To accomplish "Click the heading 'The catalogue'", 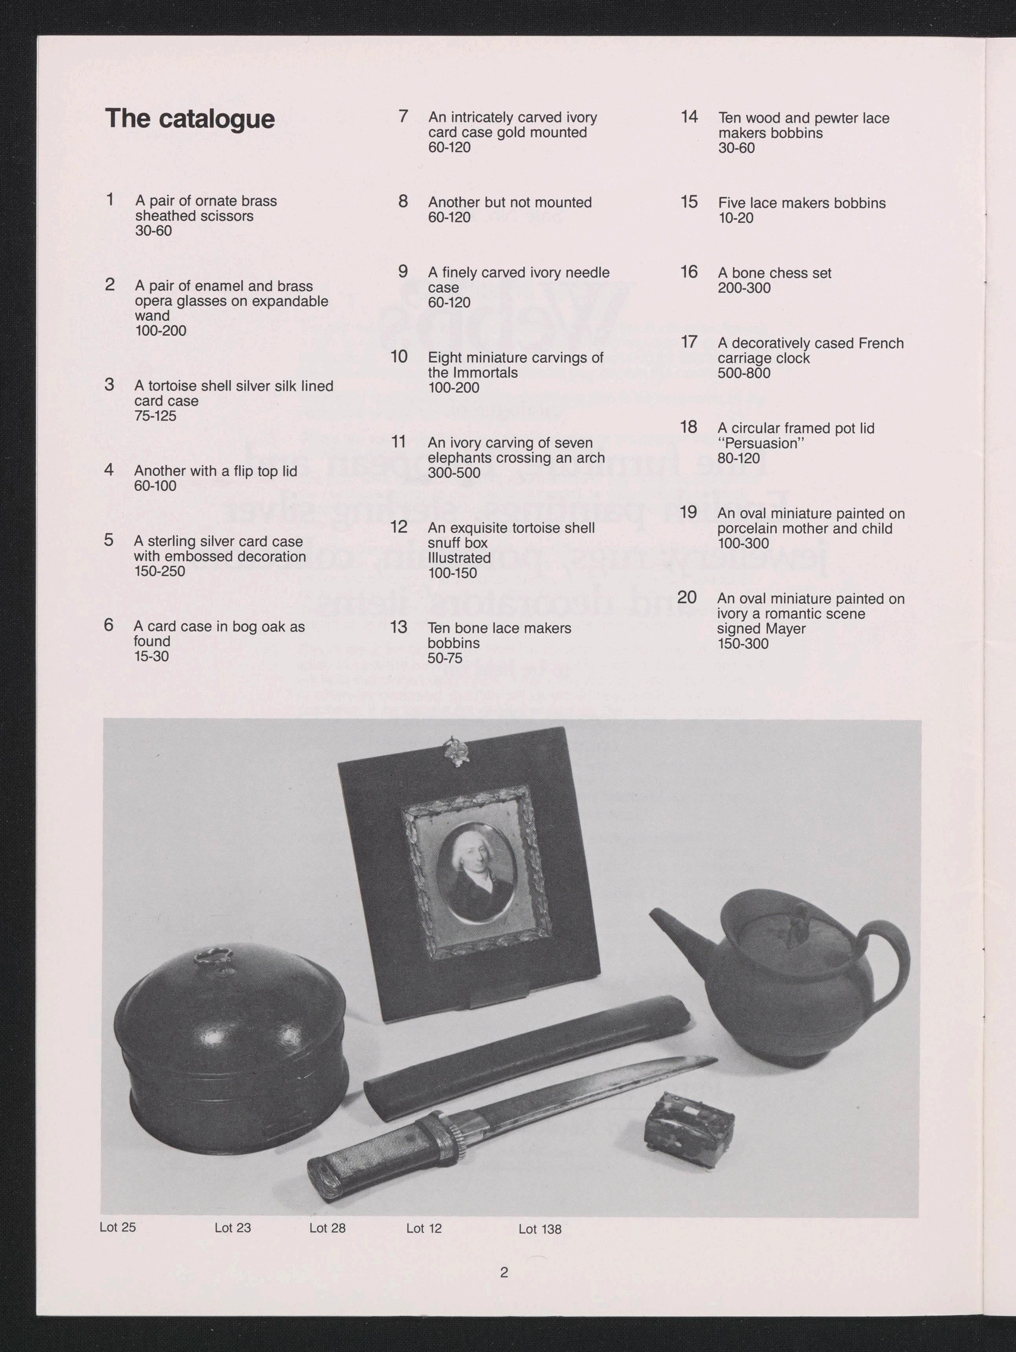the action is click(x=190, y=119).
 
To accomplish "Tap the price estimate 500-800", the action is click(x=744, y=373).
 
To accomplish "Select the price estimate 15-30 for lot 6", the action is click(x=152, y=657).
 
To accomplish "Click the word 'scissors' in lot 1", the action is click(x=226, y=216).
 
